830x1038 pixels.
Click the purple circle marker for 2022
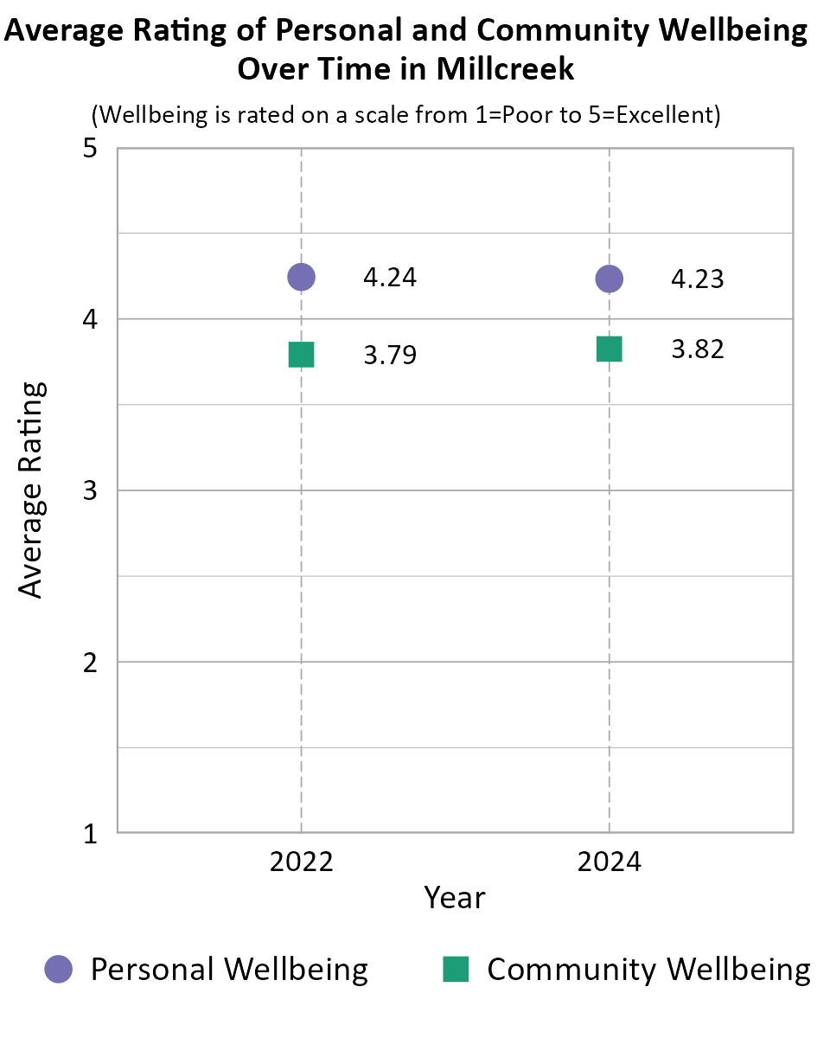point(301,277)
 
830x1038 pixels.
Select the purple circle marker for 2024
point(610,279)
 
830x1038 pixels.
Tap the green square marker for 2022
point(301,355)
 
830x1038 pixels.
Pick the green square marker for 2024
point(610,349)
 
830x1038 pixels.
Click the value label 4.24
point(390,278)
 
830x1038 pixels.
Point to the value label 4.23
point(698,279)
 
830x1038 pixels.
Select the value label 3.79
point(390,356)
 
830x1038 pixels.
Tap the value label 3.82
point(698,349)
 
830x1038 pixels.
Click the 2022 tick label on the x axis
point(301,862)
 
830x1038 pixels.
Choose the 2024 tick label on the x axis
point(610,862)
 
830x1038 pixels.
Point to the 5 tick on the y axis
point(89,149)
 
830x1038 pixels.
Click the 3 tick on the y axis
point(89,491)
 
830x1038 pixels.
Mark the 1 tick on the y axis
point(89,834)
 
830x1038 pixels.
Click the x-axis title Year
point(455,898)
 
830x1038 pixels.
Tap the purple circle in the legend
point(60,969)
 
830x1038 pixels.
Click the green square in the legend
point(456,969)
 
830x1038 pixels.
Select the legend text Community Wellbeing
point(648,969)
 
